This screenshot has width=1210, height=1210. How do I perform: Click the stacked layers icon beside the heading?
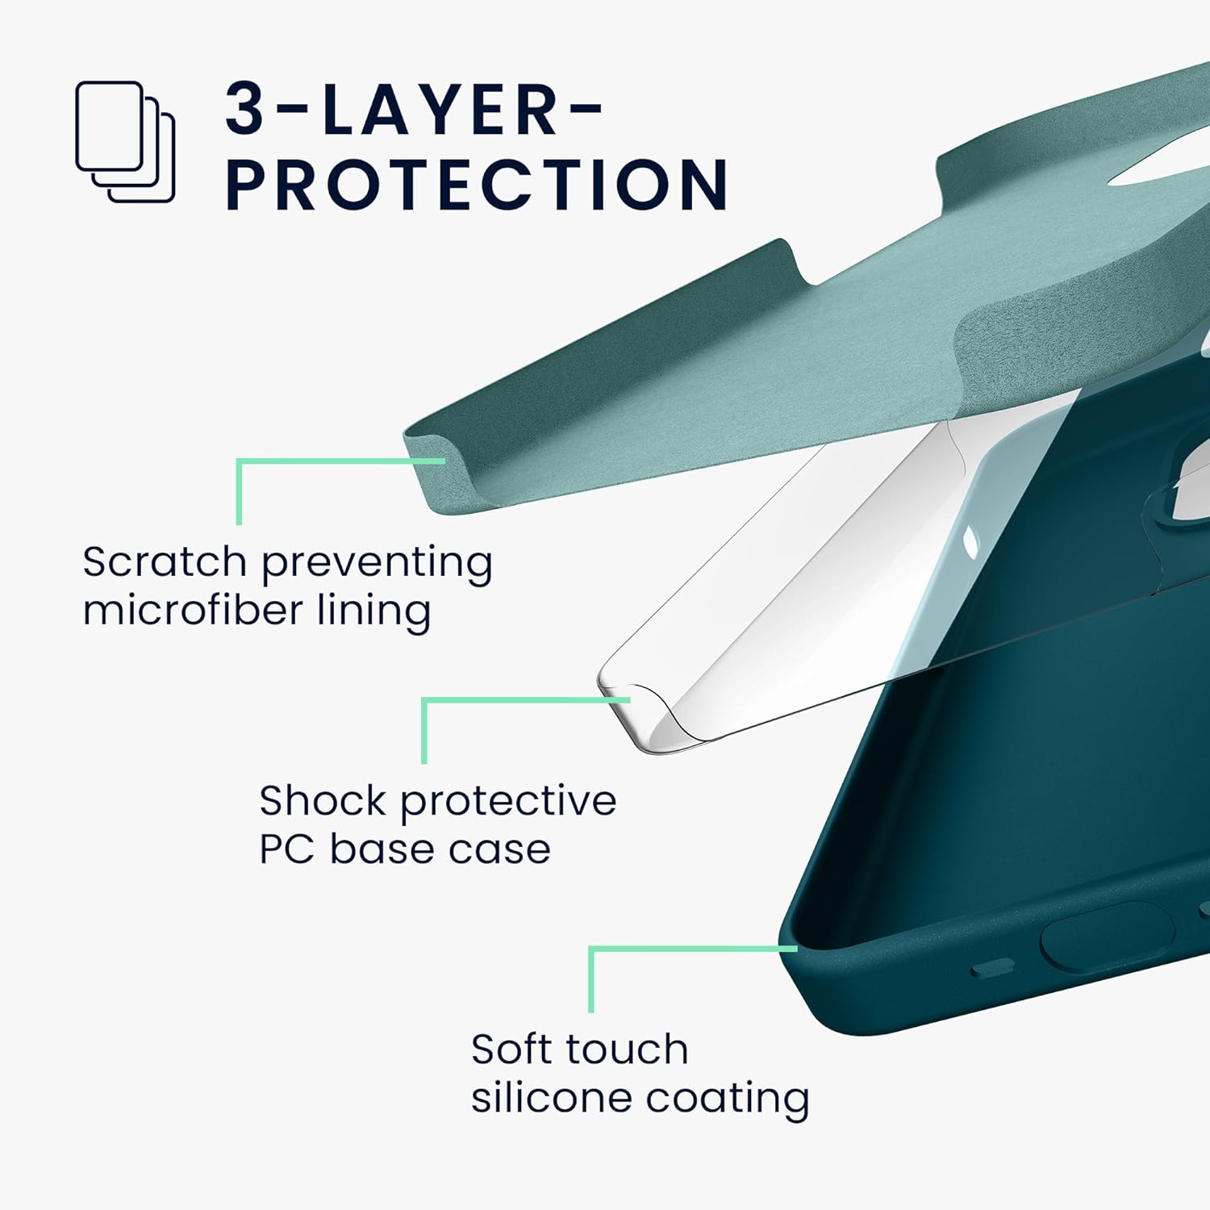click(125, 141)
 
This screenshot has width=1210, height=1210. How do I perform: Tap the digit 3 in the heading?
click(244, 109)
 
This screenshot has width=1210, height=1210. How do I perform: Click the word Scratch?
click(164, 561)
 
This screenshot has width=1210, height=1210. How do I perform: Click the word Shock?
click(322, 801)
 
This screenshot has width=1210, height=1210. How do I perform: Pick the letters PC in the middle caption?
click(286, 849)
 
